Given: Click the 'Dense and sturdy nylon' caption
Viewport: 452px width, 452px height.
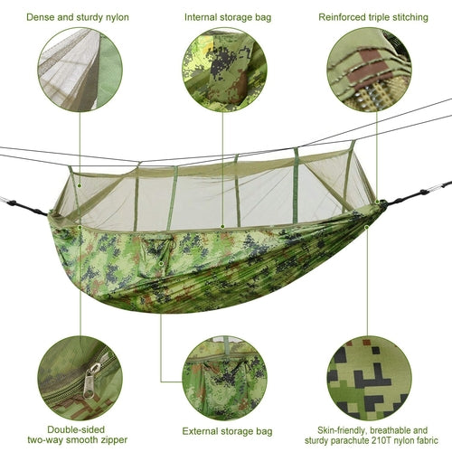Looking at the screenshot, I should [78, 17].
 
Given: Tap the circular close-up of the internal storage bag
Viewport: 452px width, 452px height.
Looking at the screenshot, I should [223, 70].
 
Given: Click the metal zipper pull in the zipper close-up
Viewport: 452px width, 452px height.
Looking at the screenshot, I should [92, 381].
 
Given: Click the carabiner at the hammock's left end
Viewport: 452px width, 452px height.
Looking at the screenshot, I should [7, 201].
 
